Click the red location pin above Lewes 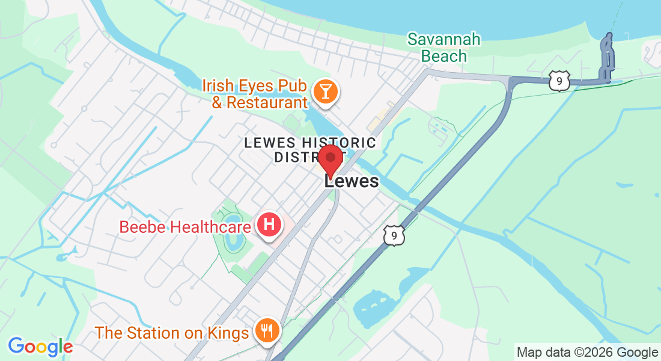(330, 159)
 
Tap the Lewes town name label (352, 181)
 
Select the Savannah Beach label (444, 48)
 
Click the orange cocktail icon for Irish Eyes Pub (326, 92)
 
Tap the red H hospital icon (270, 225)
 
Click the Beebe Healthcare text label (185, 227)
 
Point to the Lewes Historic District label (310, 150)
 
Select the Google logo (40, 346)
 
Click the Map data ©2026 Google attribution (588, 353)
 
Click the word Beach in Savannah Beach (444, 56)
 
